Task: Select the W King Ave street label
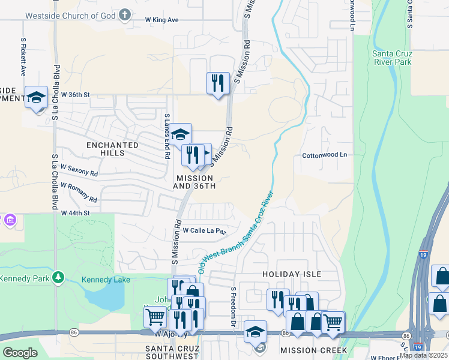tap(162, 20)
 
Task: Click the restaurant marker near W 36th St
tap(218, 83)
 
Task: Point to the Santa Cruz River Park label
tap(392, 57)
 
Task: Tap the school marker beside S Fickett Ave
tap(36, 97)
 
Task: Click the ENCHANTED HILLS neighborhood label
tap(112, 149)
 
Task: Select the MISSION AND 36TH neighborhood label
tap(194, 182)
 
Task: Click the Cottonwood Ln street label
tap(324, 155)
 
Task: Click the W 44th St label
tap(75, 213)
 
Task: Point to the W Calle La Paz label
tap(204, 230)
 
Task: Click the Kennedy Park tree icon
tap(58, 277)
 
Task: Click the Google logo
tap(20, 353)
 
